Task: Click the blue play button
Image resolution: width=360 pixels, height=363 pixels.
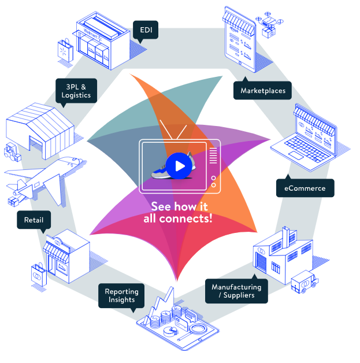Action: click(x=179, y=166)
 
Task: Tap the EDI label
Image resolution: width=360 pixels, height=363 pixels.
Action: click(x=146, y=30)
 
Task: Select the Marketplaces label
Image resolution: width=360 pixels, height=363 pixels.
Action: click(x=262, y=90)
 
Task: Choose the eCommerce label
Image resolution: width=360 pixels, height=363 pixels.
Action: click(x=305, y=188)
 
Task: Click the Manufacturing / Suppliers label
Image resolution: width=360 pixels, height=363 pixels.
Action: click(x=236, y=291)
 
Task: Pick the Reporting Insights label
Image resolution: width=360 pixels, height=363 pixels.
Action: click(x=121, y=295)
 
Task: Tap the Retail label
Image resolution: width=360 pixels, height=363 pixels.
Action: click(x=34, y=220)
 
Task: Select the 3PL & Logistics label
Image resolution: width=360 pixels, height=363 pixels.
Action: click(x=76, y=91)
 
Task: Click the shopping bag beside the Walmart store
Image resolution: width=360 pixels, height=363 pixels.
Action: click(x=65, y=50)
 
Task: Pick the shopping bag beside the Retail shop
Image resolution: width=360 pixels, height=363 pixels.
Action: click(x=39, y=275)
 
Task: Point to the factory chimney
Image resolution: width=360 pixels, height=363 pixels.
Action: click(x=285, y=238)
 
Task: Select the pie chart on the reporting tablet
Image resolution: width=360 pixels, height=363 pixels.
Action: click(x=170, y=332)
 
